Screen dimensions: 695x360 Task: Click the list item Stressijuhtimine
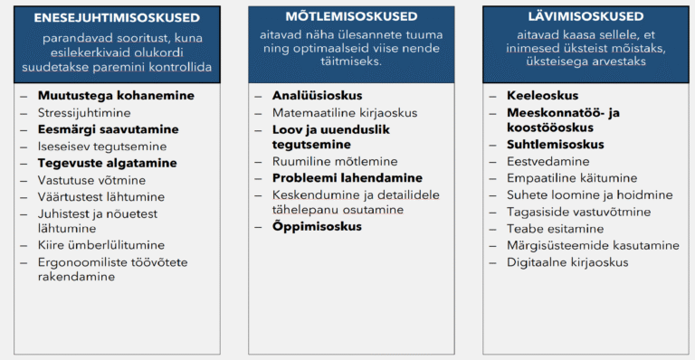point(84,113)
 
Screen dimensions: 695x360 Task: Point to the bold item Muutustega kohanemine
point(116,95)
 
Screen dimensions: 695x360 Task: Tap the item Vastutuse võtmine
point(91,180)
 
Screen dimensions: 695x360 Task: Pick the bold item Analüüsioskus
point(317,95)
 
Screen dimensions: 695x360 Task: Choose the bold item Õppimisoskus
point(317,226)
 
